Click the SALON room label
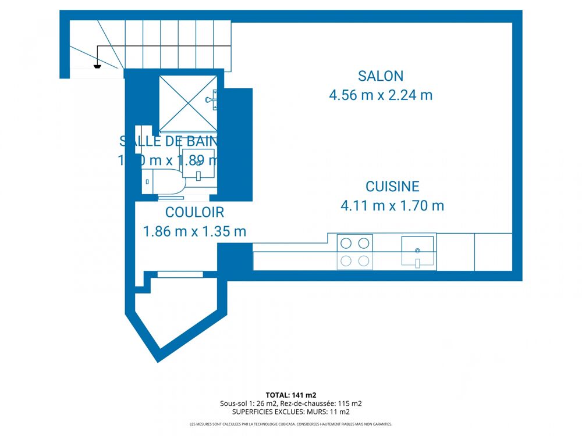point(381,76)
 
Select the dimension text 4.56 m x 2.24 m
point(381,95)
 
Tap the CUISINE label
point(392,187)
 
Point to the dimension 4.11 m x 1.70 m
point(392,205)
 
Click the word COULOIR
point(194,213)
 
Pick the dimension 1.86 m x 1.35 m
point(194,231)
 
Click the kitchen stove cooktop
point(355,252)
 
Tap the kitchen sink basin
point(417,251)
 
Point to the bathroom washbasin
point(198,165)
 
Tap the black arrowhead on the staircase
point(97,67)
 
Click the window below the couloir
point(172,274)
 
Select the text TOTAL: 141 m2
point(290,395)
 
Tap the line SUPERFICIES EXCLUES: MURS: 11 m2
point(290,412)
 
